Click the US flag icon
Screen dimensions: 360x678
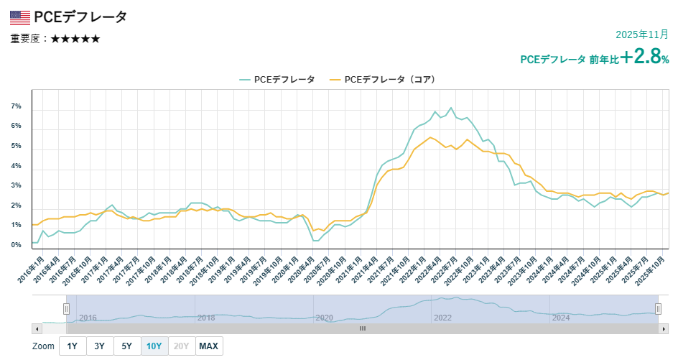tap(20, 17)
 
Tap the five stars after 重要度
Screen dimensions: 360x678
tap(75, 39)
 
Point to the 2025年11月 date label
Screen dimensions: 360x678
tap(642, 34)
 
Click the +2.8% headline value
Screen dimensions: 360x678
tap(645, 57)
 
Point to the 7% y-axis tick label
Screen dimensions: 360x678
tap(16, 106)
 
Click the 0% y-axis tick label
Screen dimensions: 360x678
tap(16, 246)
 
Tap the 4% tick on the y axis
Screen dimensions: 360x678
tap(16, 166)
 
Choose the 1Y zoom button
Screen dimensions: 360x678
tap(73, 346)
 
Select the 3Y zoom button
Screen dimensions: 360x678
tap(100, 346)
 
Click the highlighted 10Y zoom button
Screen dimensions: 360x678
tap(154, 346)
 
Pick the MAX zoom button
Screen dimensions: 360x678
tap(208, 346)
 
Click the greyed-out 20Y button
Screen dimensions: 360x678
tap(182, 346)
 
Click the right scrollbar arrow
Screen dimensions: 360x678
tap(664, 328)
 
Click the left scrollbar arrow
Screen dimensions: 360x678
tap(37, 328)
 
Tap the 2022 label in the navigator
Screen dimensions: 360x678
tap(442, 318)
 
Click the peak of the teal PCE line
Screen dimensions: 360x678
tap(451, 109)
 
